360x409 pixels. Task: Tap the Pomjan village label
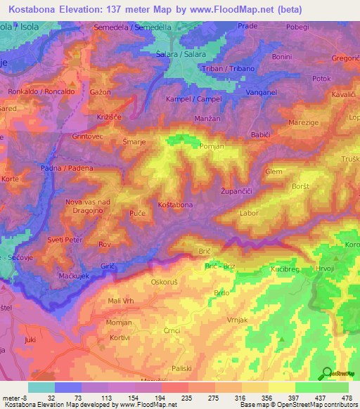211,145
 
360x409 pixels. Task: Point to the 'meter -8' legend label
14,397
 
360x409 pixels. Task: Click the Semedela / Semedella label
133,27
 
